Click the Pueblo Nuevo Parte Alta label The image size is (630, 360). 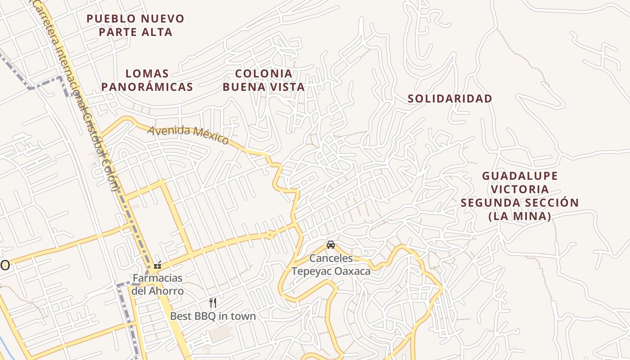tap(135, 25)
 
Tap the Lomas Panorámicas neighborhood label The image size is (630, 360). tap(147, 80)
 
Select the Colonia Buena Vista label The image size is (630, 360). tap(264, 80)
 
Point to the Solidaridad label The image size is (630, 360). tap(450, 99)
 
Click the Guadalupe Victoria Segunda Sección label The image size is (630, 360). tap(520, 196)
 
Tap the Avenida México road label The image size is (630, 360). tap(188, 134)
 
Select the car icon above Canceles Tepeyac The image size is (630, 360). tap(331, 245)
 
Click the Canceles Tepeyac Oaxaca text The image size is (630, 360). tap(331, 265)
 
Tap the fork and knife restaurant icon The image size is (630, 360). tap(213, 302)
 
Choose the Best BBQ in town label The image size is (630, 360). tap(213, 316)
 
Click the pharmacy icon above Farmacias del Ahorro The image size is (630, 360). tap(157, 265)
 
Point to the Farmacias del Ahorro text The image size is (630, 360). tap(157, 284)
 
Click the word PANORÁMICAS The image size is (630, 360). tap(147, 87)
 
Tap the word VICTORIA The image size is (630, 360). tap(520, 189)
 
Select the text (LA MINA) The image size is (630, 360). tap(520, 216)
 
